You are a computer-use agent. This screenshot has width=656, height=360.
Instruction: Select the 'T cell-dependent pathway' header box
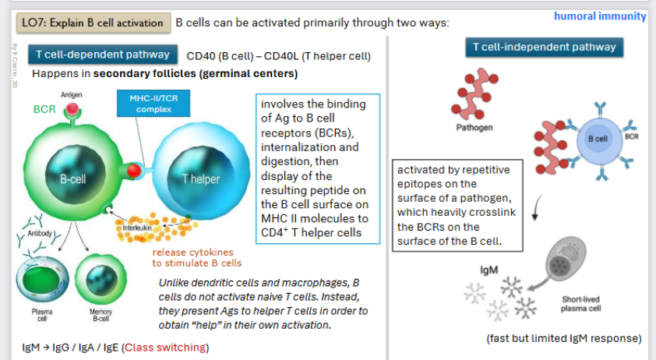(x=103, y=55)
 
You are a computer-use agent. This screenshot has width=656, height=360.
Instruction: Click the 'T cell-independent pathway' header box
(x=544, y=47)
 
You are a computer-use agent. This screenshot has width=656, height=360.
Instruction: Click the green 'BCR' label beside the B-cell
(x=44, y=110)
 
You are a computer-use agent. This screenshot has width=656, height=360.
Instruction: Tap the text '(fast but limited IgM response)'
(x=563, y=338)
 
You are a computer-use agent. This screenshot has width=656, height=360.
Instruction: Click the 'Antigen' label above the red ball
(x=72, y=94)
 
